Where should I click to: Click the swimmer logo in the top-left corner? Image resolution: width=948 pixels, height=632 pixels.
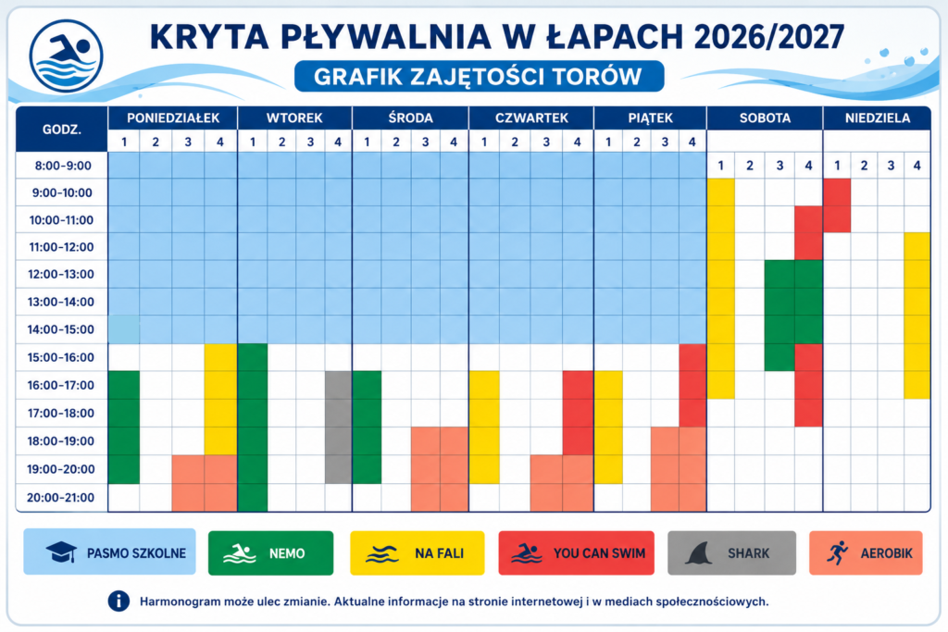66,56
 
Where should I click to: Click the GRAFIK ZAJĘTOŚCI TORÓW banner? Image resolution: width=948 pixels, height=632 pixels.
479,76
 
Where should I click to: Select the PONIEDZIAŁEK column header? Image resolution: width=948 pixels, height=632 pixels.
173,118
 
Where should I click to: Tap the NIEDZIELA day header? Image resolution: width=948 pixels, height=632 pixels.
878,118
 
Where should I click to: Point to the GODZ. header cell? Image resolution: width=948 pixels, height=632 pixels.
62,130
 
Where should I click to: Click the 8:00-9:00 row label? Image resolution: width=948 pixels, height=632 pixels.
63,166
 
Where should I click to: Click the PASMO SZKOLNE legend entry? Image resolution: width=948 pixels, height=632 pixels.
109,551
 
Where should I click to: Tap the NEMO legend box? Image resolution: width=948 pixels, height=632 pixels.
271,552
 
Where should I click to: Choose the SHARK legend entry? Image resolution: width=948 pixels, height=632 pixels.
731,552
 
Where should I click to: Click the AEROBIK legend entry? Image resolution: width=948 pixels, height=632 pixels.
866,552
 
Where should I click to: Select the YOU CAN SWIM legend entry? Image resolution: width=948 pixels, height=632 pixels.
576,552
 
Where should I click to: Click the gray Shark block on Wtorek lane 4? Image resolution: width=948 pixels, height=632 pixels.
339,428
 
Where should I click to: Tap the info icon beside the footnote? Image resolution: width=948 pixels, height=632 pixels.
119,601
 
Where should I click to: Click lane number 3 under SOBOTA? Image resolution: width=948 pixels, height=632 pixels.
780,166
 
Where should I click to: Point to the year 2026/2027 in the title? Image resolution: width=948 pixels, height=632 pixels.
769,37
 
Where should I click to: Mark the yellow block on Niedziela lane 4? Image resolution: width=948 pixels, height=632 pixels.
917,316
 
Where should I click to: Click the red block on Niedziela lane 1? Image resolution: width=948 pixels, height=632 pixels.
837,205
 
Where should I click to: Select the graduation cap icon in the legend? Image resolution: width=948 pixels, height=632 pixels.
62,551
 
